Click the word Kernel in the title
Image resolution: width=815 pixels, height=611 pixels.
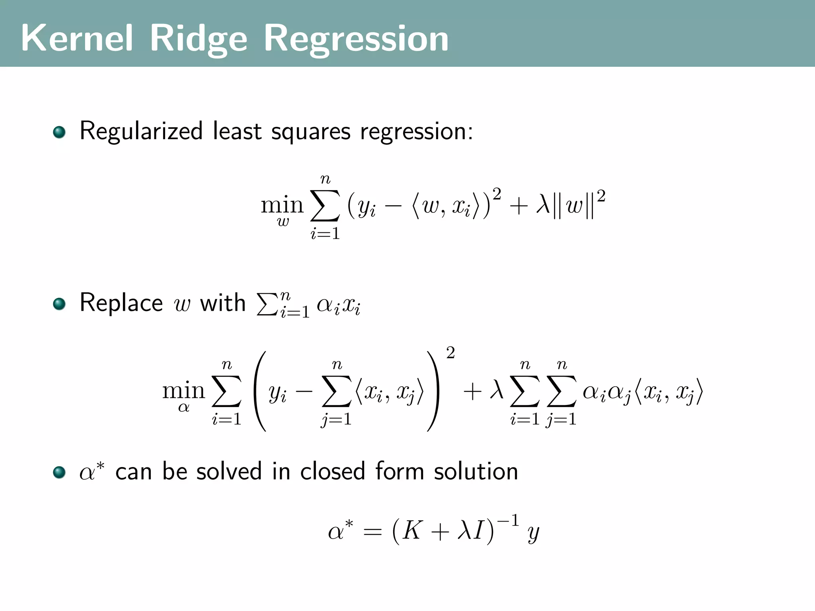[76, 38]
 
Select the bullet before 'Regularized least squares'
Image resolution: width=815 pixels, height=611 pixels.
[59, 132]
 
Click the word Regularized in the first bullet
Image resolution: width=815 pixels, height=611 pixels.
[141, 131]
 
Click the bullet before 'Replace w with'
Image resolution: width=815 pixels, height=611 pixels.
[59, 304]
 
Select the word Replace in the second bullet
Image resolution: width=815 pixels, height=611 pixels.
[121, 303]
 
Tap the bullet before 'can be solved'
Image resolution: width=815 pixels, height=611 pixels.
[59, 472]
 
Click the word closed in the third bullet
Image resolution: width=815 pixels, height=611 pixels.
[332, 471]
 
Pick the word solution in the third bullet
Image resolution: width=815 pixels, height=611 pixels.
[476, 471]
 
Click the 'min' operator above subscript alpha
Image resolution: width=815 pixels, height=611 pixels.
[183, 391]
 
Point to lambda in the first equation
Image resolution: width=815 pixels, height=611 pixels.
[543, 206]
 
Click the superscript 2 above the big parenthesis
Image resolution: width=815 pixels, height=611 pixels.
[450, 352]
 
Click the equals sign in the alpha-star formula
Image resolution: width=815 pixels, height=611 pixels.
[372, 532]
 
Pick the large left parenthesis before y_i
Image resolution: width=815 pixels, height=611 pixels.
[259, 391]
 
